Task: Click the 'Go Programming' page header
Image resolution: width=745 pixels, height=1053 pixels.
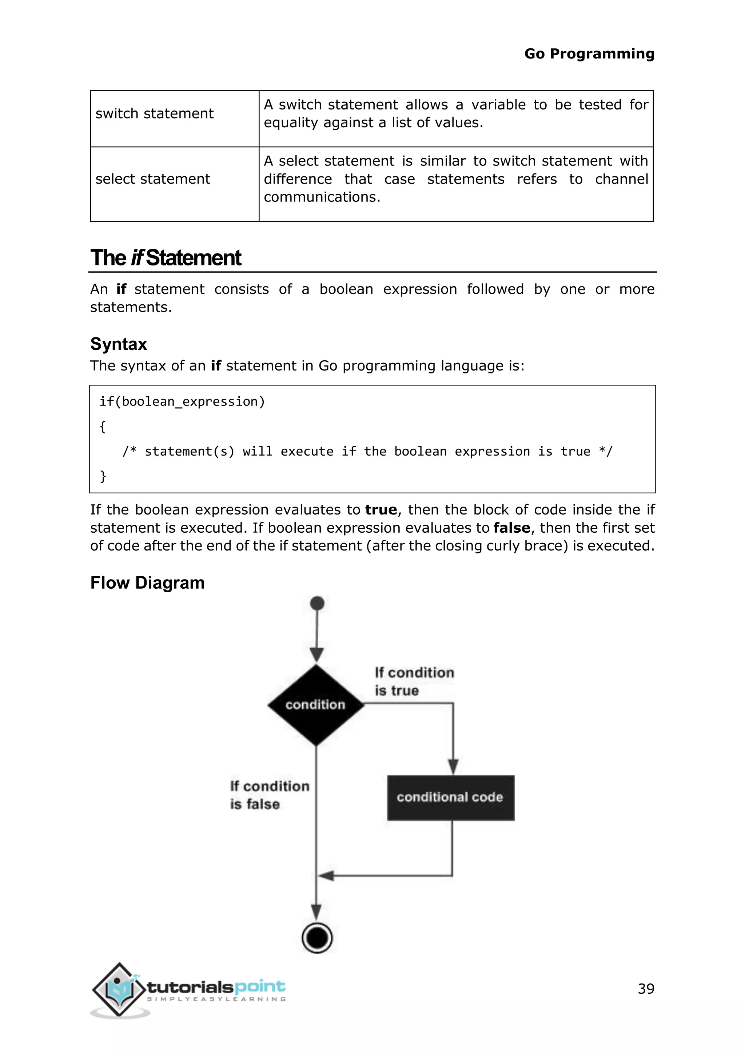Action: click(x=589, y=54)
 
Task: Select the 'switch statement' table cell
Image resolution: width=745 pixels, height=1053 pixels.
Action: click(x=155, y=113)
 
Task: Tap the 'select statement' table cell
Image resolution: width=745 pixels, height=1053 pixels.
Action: click(x=153, y=179)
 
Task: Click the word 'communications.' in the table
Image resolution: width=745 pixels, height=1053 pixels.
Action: click(x=322, y=197)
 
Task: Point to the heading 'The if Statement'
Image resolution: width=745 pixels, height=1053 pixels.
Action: click(x=165, y=258)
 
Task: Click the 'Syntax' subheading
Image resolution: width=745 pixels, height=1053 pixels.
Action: click(x=118, y=344)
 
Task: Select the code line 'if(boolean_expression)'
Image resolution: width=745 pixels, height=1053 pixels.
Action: click(x=182, y=402)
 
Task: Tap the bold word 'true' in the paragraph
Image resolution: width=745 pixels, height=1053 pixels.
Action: click(x=381, y=510)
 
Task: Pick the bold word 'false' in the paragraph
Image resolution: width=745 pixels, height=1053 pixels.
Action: click(x=511, y=528)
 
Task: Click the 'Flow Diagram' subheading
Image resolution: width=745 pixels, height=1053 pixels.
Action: click(x=147, y=583)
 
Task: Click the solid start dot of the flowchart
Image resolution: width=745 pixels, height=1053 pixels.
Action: click(x=317, y=603)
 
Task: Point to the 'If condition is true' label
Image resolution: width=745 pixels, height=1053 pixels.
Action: click(x=414, y=681)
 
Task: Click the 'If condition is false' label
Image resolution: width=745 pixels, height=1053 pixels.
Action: click(x=269, y=795)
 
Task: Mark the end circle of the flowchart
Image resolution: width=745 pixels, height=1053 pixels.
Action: click(x=317, y=937)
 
